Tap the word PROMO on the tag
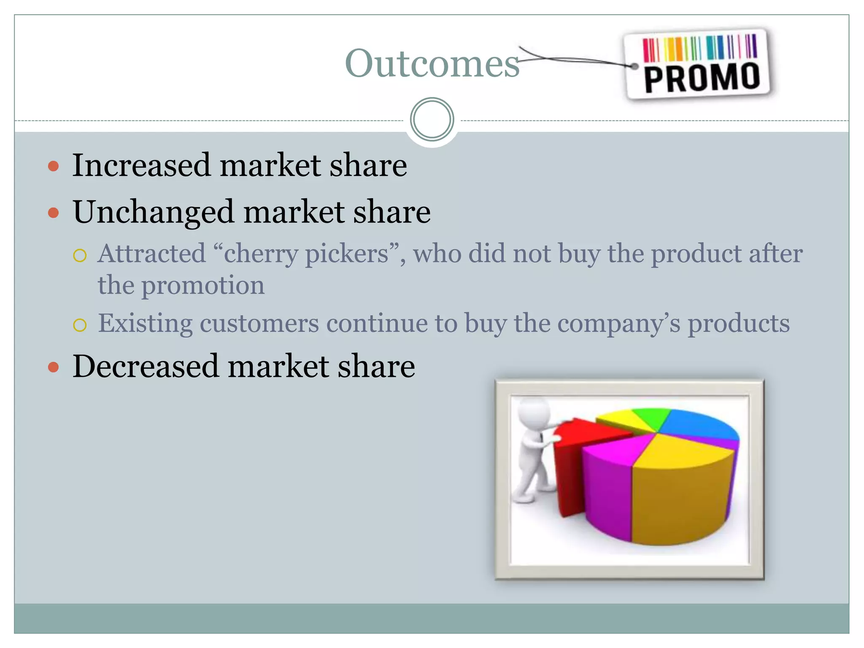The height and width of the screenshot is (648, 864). pos(702,78)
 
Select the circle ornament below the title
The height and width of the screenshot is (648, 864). pos(432,119)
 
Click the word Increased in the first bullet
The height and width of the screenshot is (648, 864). pos(141,165)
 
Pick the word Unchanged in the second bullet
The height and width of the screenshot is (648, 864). pos(153,212)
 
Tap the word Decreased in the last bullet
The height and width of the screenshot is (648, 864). pos(146,366)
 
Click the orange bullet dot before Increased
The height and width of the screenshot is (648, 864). pos(54,166)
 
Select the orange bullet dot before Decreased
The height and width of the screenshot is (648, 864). pos(54,367)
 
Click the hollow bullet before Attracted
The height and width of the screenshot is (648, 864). pos(80,255)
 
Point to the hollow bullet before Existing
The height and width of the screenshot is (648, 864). pos(80,325)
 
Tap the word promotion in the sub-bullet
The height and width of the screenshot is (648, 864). pos(202,286)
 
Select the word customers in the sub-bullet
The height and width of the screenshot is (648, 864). pos(259,324)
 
